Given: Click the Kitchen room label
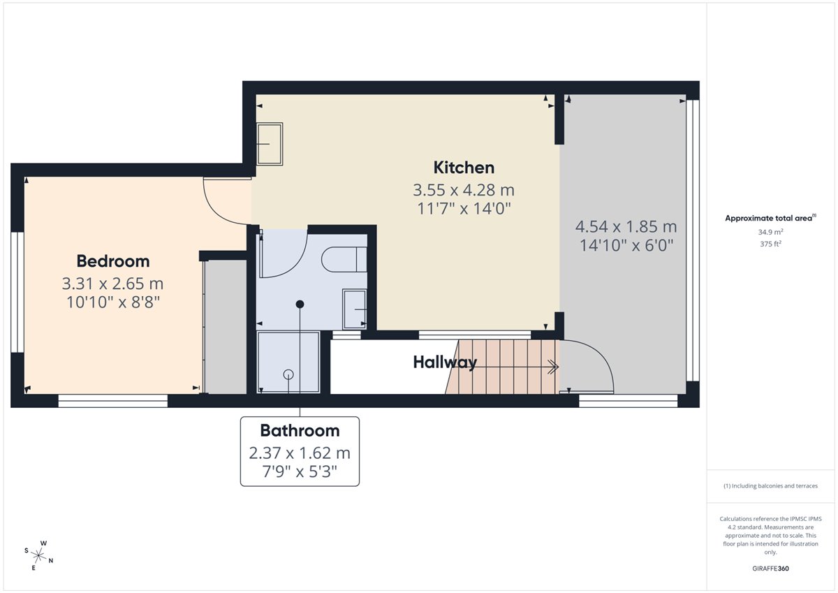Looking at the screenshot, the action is pyautogui.click(x=464, y=167).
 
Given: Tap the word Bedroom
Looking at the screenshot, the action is pyautogui.click(x=113, y=261).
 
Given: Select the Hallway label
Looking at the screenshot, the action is pyautogui.click(x=445, y=363).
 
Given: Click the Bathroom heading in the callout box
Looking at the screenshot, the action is pyautogui.click(x=300, y=431).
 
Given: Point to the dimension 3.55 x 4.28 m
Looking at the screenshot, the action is pyautogui.click(x=464, y=190).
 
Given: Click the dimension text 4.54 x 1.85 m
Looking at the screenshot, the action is pyautogui.click(x=626, y=227).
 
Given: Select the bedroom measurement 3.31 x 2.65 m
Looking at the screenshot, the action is pyautogui.click(x=112, y=284).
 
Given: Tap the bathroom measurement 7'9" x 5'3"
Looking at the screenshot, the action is pyautogui.click(x=300, y=471).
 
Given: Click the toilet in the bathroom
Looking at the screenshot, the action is pyautogui.click(x=344, y=259).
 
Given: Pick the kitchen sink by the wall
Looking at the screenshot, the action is pyautogui.click(x=270, y=144).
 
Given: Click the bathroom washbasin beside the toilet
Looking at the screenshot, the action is pyautogui.click(x=354, y=309).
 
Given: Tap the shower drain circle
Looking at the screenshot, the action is pyautogui.click(x=288, y=374).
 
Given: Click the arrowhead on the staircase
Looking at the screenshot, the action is pyautogui.click(x=553, y=367).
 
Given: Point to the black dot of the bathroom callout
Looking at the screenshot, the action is pyautogui.click(x=300, y=304).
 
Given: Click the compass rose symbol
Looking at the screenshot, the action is pyautogui.click(x=38, y=556).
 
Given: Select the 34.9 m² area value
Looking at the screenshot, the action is pyautogui.click(x=770, y=232).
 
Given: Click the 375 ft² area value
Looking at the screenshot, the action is pyautogui.click(x=770, y=244).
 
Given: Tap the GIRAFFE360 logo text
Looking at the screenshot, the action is pyautogui.click(x=770, y=569).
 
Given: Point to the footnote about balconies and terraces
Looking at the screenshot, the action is pyautogui.click(x=770, y=485).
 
